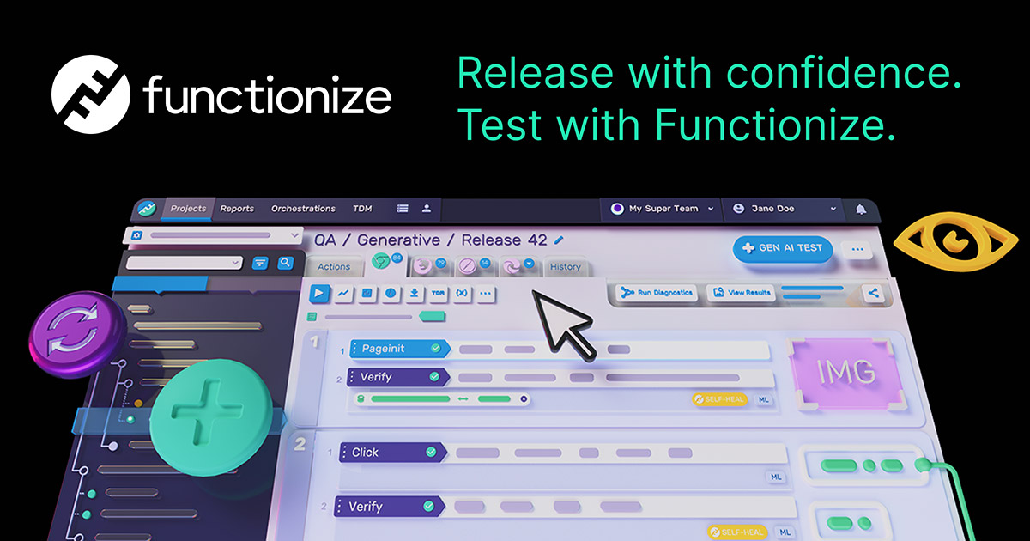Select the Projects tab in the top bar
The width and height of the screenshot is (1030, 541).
coord(188,209)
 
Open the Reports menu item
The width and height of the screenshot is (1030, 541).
coord(237,209)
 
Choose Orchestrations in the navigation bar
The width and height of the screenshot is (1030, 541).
coord(303,209)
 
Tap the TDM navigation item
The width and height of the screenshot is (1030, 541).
coord(362,209)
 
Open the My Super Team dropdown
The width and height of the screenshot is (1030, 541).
coord(661,209)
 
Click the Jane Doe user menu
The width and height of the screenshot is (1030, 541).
coord(783,209)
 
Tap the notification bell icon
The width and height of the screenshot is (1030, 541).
coord(861,210)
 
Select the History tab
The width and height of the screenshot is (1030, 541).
coord(566,267)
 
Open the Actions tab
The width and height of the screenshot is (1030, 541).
coord(334,267)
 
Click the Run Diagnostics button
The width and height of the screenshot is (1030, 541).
coord(658,294)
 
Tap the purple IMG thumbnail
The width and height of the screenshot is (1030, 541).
coord(846,373)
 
